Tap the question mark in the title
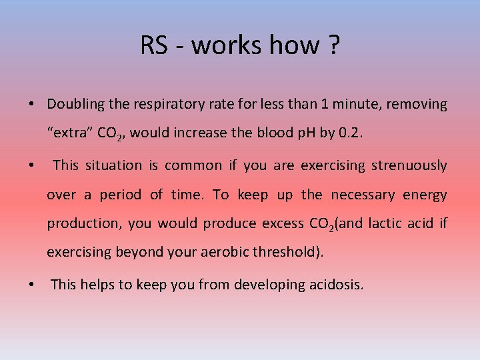click(x=333, y=45)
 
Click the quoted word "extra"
click(x=70, y=133)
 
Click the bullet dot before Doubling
click(x=31, y=105)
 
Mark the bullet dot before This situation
click(x=31, y=166)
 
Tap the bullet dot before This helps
click(x=31, y=285)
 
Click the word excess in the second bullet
click(x=281, y=224)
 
